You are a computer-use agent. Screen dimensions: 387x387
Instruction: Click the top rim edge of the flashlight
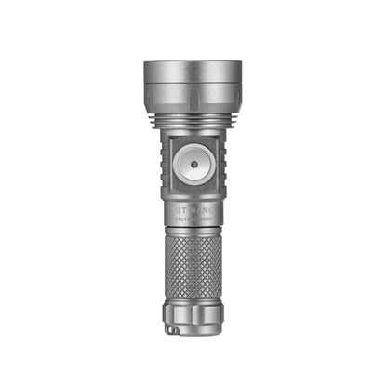point(193,62)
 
